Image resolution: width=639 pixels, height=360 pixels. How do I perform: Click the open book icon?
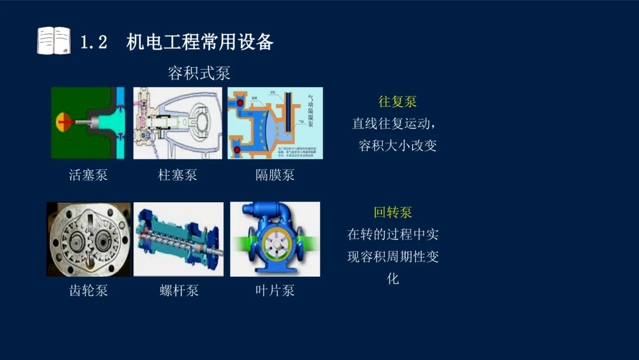[x=54, y=41]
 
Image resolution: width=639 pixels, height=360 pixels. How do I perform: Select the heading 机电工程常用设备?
[x=200, y=42]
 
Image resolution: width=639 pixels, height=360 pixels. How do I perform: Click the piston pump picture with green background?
[x=88, y=123]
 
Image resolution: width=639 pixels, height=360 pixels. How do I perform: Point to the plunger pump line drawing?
[x=178, y=123]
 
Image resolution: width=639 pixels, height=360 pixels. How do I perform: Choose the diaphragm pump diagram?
[x=275, y=123]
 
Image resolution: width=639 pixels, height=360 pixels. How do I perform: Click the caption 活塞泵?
[x=88, y=175]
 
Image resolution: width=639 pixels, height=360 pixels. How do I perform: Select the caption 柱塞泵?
[x=178, y=175]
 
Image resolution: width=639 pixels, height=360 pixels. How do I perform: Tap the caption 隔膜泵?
[x=275, y=175]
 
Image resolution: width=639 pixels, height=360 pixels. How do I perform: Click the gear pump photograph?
[x=88, y=239]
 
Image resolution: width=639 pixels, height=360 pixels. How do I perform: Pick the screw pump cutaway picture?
[x=178, y=239]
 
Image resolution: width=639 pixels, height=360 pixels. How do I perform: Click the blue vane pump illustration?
[x=275, y=239]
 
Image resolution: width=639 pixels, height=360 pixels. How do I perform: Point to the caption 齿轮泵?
[x=88, y=290]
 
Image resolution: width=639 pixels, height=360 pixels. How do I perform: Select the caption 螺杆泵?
[x=179, y=290]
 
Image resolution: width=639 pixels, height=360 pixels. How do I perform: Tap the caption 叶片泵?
[x=275, y=290]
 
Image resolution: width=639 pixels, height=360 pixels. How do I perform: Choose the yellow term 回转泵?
[x=393, y=212]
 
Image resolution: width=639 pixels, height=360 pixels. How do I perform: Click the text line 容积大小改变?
[x=397, y=145]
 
